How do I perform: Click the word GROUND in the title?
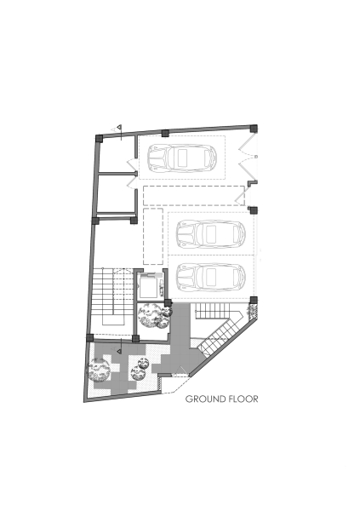pyautogui.click(x=203, y=398)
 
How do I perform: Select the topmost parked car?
pyautogui.click(x=182, y=157)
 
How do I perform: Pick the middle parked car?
pyautogui.click(x=210, y=232)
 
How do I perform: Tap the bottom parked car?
pyautogui.click(x=210, y=276)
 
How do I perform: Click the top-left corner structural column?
pyautogui.click(x=100, y=136)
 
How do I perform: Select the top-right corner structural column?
pyautogui.click(x=252, y=129)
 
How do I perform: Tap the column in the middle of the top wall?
pyautogui.click(x=165, y=133)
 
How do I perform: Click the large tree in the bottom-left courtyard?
pyautogui.click(x=100, y=370)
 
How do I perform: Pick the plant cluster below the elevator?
pyautogui.click(x=154, y=317)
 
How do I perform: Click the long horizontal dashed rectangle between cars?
pyautogui.click(x=195, y=195)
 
